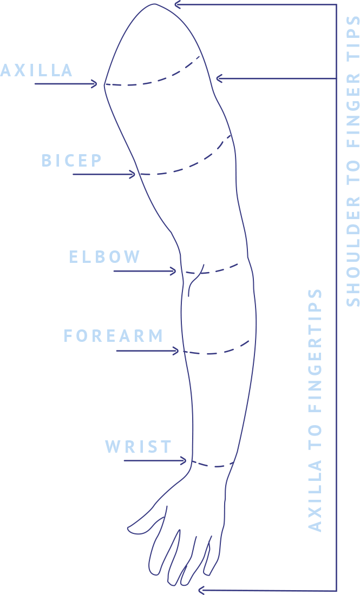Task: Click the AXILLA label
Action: click(36, 70)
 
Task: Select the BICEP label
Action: click(72, 161)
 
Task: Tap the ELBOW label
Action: click(104, 256)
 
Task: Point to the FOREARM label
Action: click(114, 336)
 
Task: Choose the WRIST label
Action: click(139, 447)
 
